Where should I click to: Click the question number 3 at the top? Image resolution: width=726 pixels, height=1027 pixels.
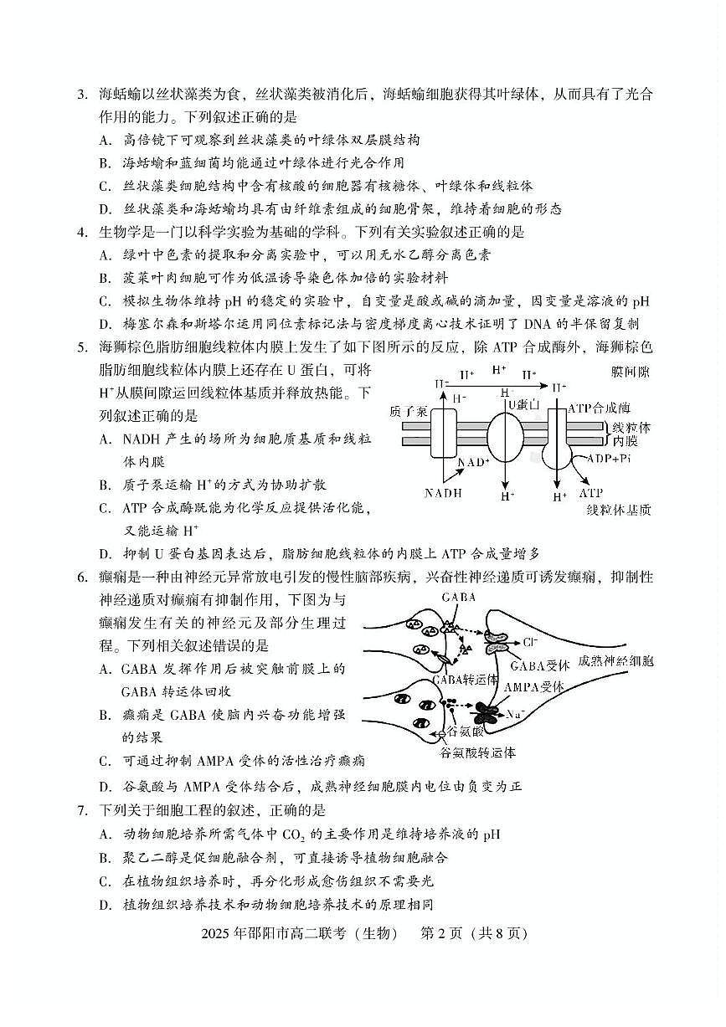pos(81,95)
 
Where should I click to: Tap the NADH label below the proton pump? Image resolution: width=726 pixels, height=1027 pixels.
pos(443,493)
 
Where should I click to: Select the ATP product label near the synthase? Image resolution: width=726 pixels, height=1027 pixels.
pos(591,493)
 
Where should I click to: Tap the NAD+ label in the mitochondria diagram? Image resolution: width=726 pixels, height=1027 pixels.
pos(473,462)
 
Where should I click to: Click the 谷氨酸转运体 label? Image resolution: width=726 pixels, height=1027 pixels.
pos(477,752)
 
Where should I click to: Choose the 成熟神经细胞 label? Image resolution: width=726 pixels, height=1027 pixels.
pos(616,661)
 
